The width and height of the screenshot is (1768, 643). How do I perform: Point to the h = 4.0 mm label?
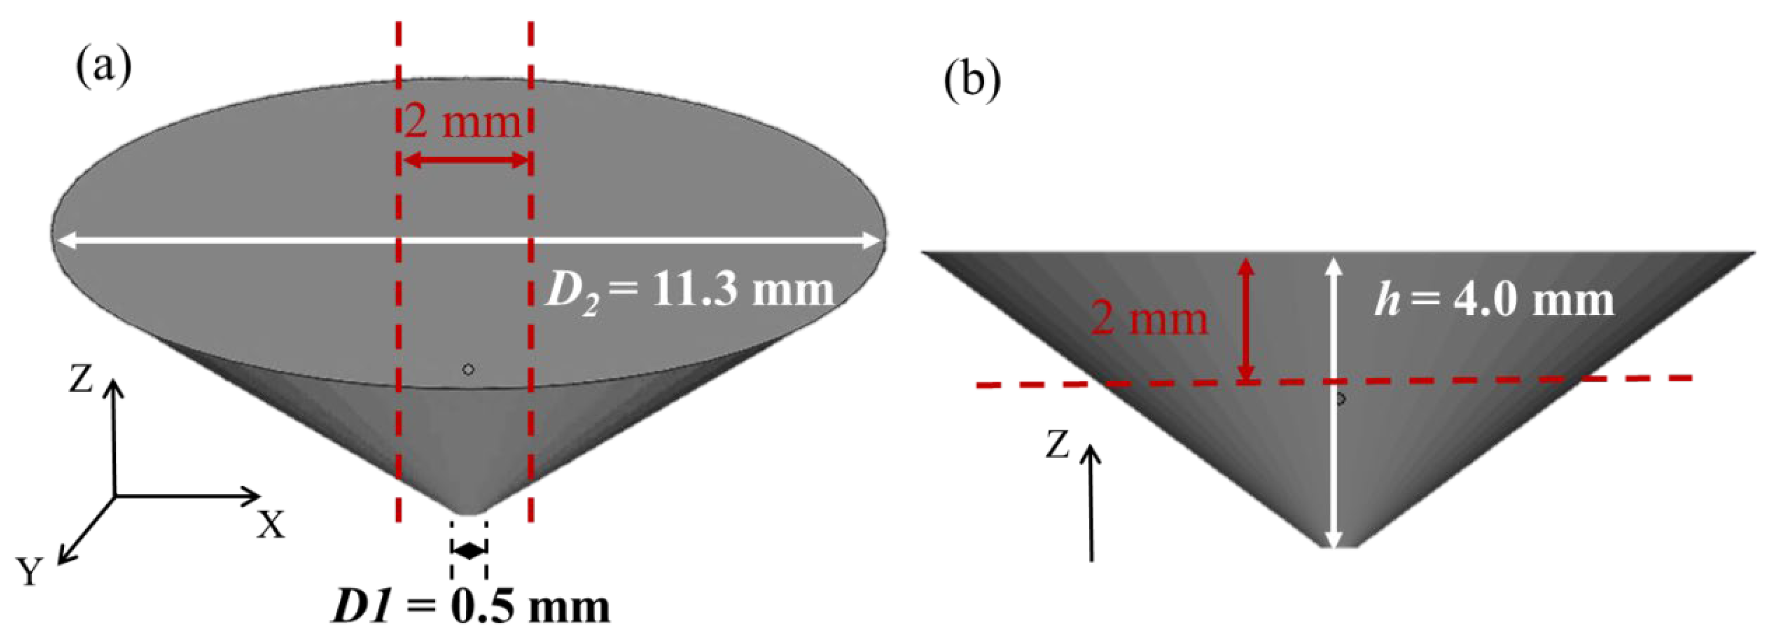1493,301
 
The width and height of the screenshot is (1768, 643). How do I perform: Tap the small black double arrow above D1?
469,550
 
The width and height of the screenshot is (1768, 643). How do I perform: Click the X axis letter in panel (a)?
271,525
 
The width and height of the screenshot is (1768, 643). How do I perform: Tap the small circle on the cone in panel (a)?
468,369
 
